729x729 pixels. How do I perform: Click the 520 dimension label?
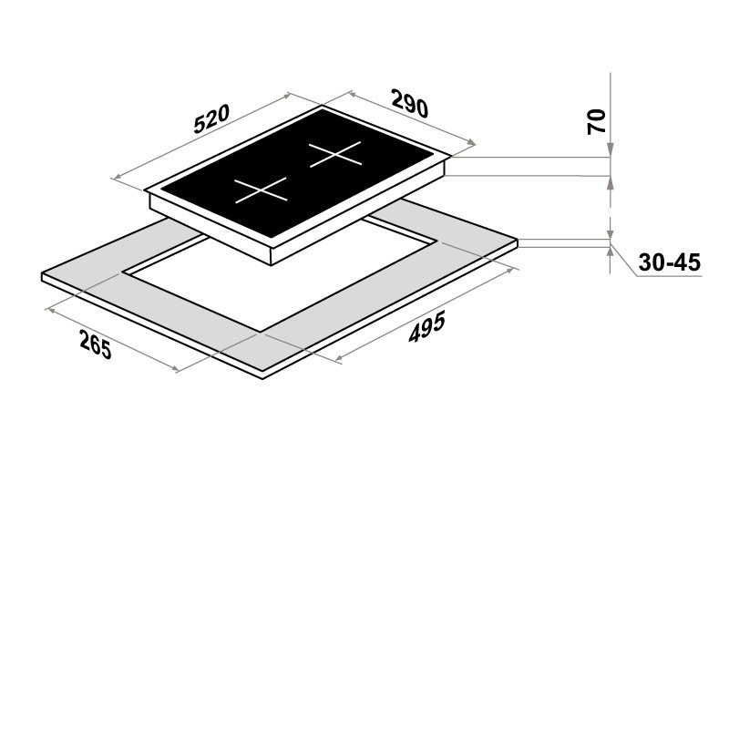(211, 119)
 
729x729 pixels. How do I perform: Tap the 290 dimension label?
(409, 103)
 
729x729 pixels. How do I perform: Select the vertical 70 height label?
(597, 122)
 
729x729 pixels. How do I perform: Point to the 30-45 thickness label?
(670, 262)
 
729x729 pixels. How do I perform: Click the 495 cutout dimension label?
(426, 327)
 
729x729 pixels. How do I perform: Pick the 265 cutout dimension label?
(96, 344)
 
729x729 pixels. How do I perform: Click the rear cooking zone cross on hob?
(334, 153)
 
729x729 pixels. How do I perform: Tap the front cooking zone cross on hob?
(262, 190)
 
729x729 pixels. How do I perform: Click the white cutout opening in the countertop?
(280, 274)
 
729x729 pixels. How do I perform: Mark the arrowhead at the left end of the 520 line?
(117, 177)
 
